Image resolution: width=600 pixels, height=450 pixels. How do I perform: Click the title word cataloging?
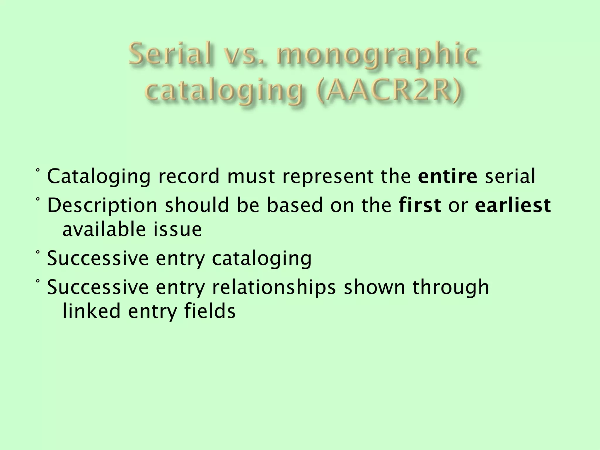[x=224, y=92]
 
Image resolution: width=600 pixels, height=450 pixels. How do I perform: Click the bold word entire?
[x=448, y=177]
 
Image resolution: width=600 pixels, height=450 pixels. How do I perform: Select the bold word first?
[x=420, y=205]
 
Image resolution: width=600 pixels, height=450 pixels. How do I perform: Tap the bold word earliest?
[x=513, y=205]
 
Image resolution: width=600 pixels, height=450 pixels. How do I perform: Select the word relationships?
[x=273, y=287]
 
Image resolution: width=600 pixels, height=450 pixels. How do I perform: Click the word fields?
[x=209, y=311]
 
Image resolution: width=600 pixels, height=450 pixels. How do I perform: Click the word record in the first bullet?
[x=189, y=177]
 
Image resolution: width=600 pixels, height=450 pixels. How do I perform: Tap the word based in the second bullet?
[x=295, y=205]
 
